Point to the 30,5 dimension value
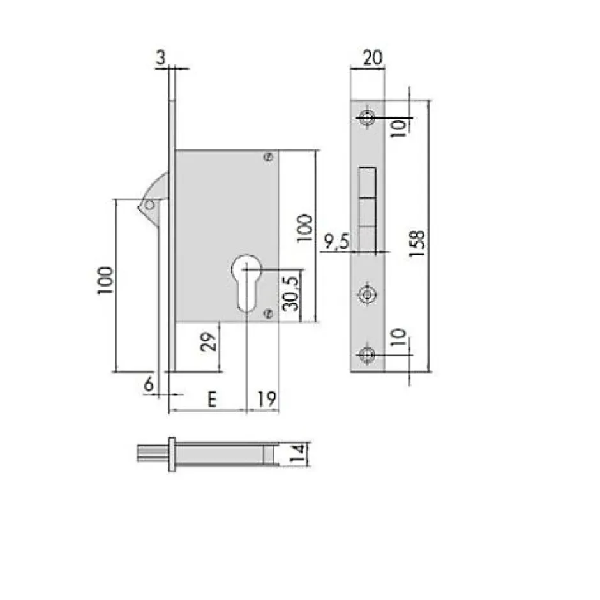(290, 292)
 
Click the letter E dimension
(211, 400)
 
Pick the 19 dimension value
(267, 400)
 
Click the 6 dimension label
(148, 385)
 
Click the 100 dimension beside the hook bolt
(106, 281)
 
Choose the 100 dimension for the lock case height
(305, 228)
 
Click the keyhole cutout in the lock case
(244, 281)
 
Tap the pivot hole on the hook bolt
(149, 205)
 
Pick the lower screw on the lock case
(268, 313)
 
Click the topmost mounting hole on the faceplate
(366, 118)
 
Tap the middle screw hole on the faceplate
(366, 294)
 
